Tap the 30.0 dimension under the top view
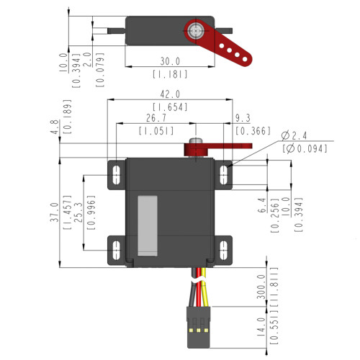[x=170, y=61]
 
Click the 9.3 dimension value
[x=243, y=118]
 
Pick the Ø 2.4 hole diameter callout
[x=294, y=135]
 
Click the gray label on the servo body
[x=146, y=225]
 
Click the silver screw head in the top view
[x=195, y=31]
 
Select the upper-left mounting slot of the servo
[x=114, y=174]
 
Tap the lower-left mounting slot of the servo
[x=114, y=252]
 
